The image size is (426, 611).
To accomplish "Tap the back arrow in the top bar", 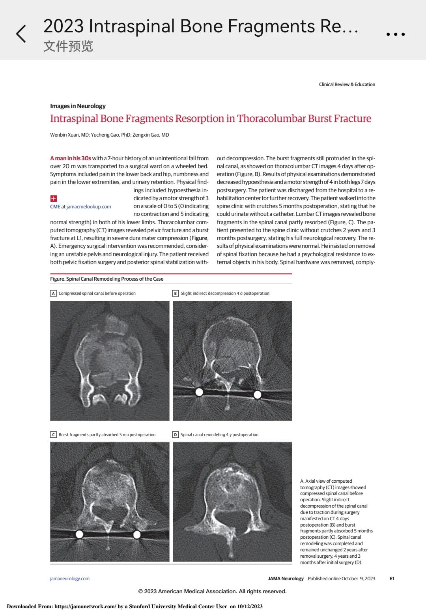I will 21,34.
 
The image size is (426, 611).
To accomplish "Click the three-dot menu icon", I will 395,34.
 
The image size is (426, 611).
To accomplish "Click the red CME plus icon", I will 54,199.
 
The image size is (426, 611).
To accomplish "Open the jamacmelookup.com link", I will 89,207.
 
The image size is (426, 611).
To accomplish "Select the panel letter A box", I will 53,293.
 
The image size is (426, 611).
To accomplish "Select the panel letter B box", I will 176,293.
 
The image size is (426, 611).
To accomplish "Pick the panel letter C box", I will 53,435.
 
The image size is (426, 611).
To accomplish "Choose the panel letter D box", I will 176,435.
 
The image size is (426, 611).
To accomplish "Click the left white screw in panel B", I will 199,392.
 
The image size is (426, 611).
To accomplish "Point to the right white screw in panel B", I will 258,394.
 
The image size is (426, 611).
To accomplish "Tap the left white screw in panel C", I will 79,534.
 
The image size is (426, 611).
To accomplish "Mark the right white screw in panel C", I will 137,535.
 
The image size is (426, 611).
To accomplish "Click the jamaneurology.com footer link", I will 70,579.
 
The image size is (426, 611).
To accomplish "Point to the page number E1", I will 392,579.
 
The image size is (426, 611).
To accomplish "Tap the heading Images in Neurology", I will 78,106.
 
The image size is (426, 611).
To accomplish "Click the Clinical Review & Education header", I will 347,84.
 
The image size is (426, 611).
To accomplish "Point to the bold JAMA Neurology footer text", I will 286,579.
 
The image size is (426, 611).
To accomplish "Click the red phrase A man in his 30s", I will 71,158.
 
